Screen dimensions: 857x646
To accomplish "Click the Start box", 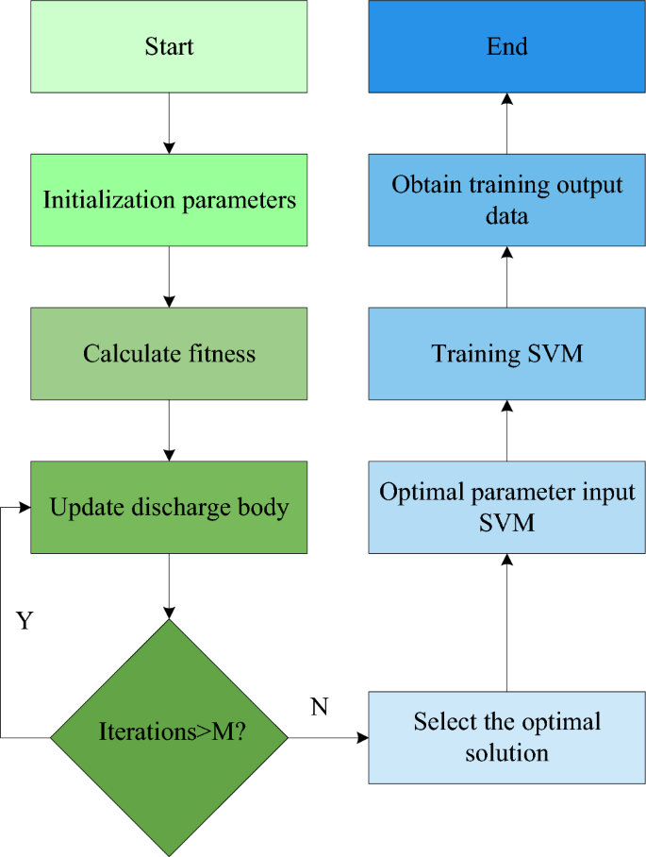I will point(169,46).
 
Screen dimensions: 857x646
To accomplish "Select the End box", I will point(507,46).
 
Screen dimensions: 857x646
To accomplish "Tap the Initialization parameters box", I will point(169,200).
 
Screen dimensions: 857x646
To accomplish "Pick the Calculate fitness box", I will point(169,354).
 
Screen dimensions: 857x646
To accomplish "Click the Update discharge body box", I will point(169,508).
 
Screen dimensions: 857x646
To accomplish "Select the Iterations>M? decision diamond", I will point(169,732).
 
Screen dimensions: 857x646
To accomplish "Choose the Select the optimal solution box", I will point(507,737).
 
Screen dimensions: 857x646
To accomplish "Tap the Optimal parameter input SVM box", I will point(507,507).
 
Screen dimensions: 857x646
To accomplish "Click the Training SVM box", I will point(507,354).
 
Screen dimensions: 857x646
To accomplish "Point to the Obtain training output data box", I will point(507,199).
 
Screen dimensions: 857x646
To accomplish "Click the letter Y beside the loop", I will point(25,621).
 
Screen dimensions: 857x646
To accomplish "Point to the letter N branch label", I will point(319,707).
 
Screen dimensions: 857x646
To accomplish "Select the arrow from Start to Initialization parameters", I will point(169,123).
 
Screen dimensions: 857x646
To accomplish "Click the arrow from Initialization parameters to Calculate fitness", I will point(169,277).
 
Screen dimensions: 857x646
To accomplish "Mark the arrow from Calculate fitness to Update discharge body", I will point(169,430).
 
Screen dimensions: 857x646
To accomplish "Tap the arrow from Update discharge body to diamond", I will point(169,585).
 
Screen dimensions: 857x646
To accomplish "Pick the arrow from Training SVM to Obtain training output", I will point(507,277).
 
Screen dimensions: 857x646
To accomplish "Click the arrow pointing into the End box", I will point(507,123).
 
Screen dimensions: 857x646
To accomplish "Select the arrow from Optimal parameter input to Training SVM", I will point(507,430).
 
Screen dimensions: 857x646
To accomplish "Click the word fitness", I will point(222,354).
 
